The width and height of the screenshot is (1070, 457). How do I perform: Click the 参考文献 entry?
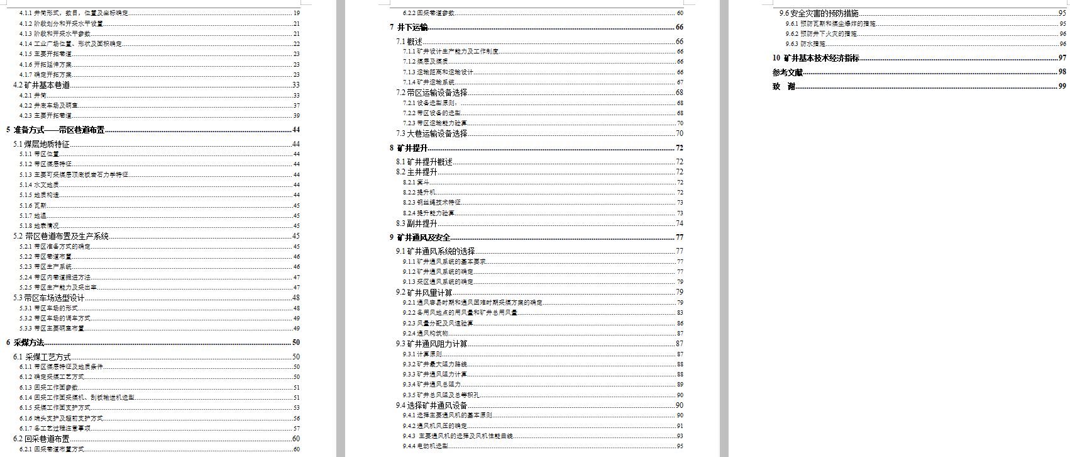click(x=788, y=72)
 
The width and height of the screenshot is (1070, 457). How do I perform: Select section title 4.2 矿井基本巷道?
click(x=41, y=85)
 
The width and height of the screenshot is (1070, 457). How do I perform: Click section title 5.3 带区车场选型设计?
click(x=48, y=298)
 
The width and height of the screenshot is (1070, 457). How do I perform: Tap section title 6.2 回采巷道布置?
click(x=41, y=439)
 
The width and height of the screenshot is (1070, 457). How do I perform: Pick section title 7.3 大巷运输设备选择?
click(x=431, y=133)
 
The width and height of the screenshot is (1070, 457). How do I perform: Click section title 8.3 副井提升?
click(x=416, y=223)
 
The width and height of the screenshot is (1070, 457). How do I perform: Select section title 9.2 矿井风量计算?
click(x=424, y=292)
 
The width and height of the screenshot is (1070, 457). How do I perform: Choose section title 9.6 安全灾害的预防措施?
click(x=819, y=13)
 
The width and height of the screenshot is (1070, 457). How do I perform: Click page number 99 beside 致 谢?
click(x=1062, y=86)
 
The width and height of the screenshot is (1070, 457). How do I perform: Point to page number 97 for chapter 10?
click(x=1062, y=58)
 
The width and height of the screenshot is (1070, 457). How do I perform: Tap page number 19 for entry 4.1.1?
click(x=297, y=13)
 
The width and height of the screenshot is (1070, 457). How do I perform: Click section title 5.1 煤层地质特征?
click(x=41, y=144)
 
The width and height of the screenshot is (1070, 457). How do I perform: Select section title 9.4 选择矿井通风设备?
click(x=431, y=405)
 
